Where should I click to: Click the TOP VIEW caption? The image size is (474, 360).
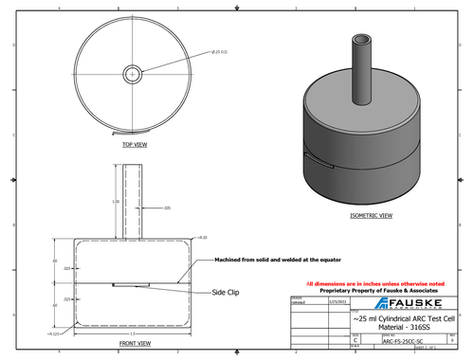tap(134, 145)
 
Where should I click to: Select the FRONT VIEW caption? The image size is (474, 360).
tap(134, 343)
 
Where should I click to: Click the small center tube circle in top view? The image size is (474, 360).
tap(134, 73)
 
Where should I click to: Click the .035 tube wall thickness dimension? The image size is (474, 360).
tap(167, 207)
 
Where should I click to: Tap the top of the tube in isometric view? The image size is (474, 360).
tap(360, 40)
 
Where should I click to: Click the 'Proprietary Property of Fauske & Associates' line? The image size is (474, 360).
tap(375, 291)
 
